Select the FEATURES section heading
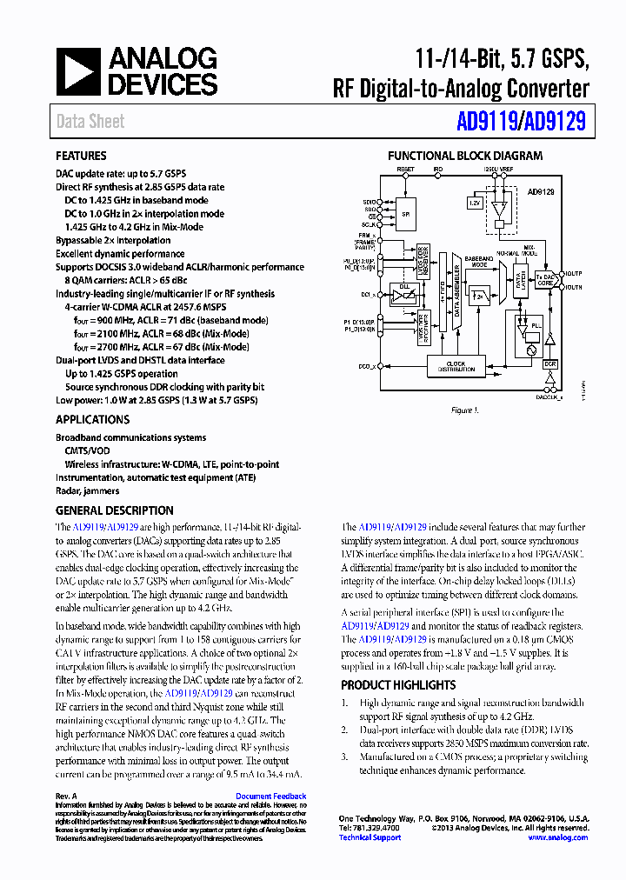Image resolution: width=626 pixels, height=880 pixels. click(x=82, y=157)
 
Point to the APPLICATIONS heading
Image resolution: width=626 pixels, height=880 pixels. click(x=93, y=420)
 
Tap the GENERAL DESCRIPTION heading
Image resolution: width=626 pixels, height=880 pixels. click(x=114, y=510)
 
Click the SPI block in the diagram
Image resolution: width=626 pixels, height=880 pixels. click(x=404, y=214)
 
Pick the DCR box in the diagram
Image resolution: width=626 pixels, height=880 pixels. click(x=549, y=364)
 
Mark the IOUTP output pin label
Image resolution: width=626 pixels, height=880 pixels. click(x=574, y=273)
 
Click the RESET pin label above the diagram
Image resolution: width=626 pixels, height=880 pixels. click(x=406, y=169)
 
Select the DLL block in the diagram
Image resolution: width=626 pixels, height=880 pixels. click(x=404, y=295)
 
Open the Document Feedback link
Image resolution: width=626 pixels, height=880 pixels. click(x=270, y=796)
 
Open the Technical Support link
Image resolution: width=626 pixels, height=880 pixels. click(x=370, y=837)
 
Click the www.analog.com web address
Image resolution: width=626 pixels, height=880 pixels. click(x=557, y=837)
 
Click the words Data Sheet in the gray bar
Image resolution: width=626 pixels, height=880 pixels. click(x=90, y=122)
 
